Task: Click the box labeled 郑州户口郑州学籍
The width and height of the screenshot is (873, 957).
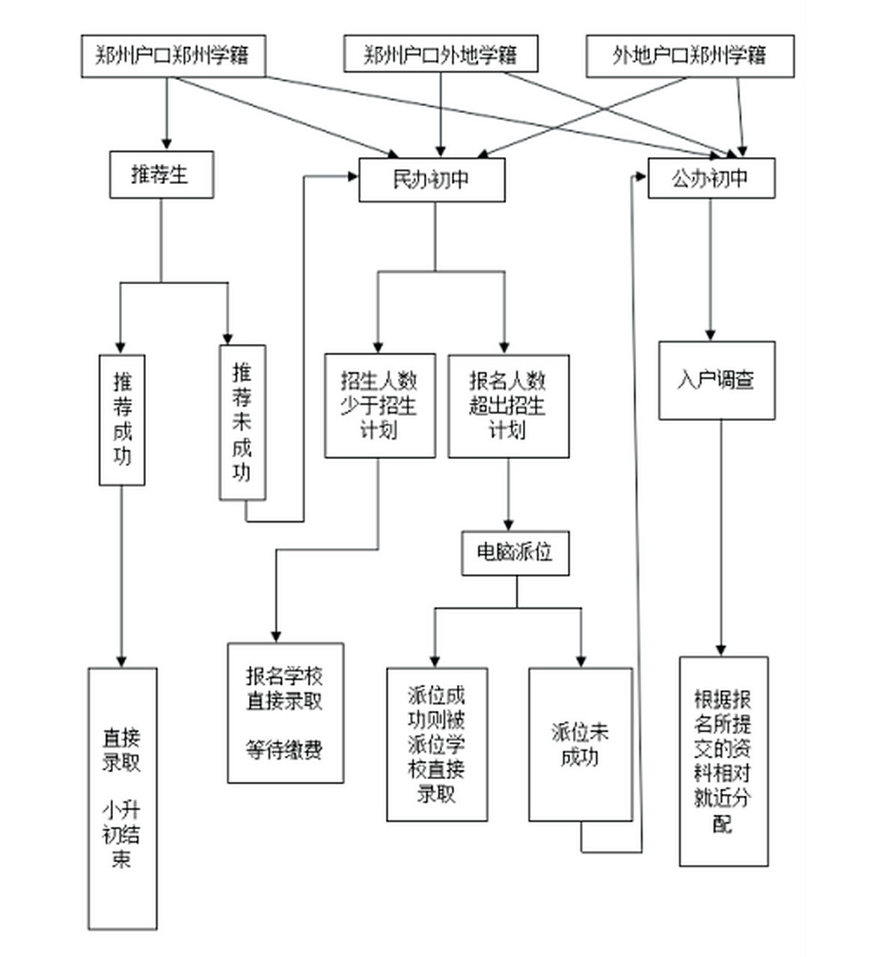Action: click(173, 56)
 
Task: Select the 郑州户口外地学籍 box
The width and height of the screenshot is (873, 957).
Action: click(440, 55)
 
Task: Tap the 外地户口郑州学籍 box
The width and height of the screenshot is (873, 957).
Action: click(689, 56)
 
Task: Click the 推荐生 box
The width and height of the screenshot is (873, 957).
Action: click(161, 175)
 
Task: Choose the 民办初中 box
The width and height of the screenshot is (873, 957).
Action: click(432, 179)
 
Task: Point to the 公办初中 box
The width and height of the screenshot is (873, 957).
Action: click(711, 179)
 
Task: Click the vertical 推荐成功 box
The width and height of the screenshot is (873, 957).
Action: click(122, 419)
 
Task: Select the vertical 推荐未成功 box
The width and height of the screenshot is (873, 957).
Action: click(242, 422)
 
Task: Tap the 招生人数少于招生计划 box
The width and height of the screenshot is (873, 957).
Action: click(379, 405)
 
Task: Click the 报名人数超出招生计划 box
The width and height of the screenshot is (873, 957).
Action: click(508, 405)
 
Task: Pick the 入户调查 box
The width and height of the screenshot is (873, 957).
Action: click(716, 380)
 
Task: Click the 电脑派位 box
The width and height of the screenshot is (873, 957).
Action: click(515, 553)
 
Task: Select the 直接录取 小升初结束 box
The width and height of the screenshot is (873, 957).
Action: click(122, 798)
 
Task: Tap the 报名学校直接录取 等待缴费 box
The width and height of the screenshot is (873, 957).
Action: click(285, 713)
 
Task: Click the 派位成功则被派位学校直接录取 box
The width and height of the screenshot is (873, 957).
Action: click(437, 744)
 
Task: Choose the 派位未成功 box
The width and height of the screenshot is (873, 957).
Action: click(580, 744)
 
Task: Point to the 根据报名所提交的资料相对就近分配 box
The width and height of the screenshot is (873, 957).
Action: click(723, 760)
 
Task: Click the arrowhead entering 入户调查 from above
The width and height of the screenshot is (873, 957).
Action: click(711, 335)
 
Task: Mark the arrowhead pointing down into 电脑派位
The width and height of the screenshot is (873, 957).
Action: click(509, 524)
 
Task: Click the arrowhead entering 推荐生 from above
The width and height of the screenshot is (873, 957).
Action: click(167, 144)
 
